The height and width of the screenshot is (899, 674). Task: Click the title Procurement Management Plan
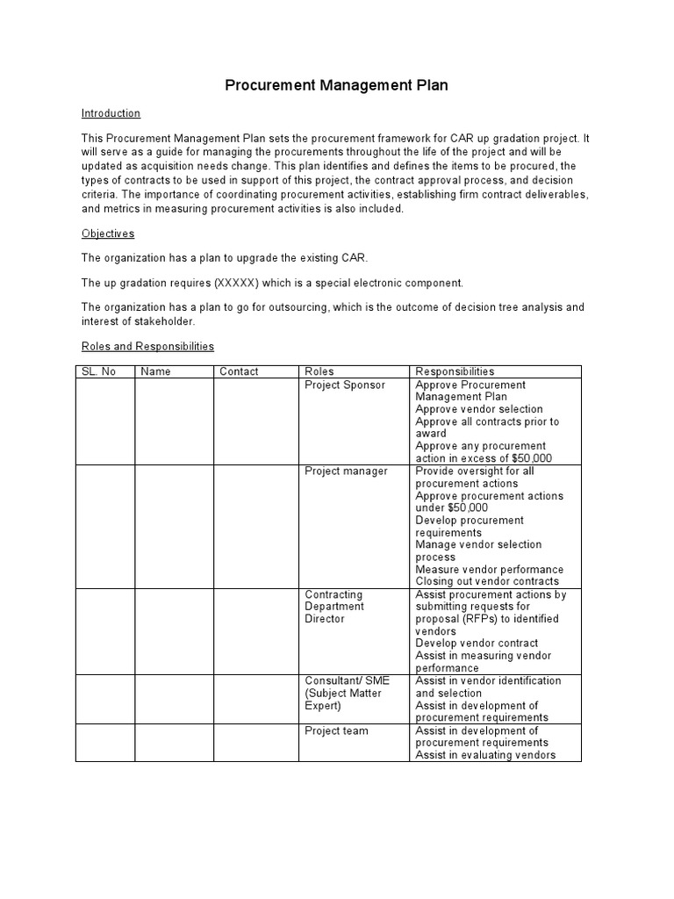click(x=336, y=85)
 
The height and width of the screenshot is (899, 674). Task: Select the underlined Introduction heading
click(x=111, y=113)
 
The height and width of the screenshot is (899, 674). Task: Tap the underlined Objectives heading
click(x=108, y=234)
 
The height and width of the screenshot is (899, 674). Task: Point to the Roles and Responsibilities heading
click(x=147, y=347)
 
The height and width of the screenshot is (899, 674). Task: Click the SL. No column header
click(x=98, y=371)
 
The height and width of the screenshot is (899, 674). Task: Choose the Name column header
click(x=155, y=371)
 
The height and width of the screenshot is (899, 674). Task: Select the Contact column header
click(x=239, y=371)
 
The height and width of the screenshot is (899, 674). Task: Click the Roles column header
click(x=319, y=371)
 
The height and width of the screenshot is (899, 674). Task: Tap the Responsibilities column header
click(x=455, y=371)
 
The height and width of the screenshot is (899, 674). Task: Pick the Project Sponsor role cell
click(x=344, y=385)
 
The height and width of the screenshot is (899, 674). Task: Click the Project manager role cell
click(x=346, y=471)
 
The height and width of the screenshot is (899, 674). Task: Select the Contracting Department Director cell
click(x=334, y=607)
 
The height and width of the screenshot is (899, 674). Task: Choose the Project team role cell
click(x=336, y=730)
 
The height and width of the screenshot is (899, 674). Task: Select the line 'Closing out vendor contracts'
click(x=486, y=581)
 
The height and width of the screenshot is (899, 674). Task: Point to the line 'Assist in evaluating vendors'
click(x=485, y=755)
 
